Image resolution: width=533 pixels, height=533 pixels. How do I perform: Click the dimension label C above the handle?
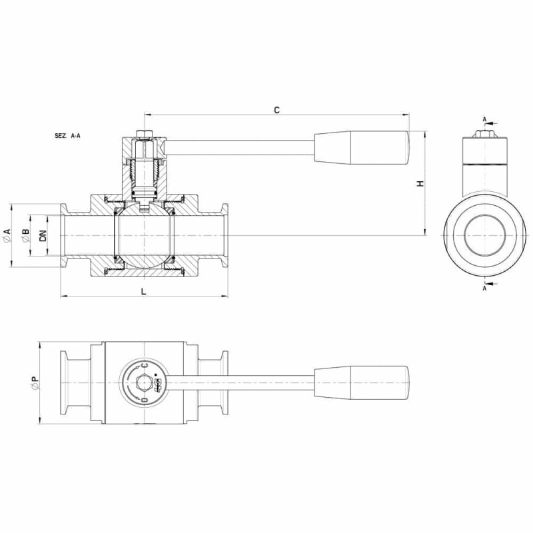click(x=276, y=110)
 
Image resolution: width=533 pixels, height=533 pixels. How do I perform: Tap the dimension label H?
click(x=420, y=184)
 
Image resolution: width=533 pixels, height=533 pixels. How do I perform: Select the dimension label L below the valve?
click(x=144, y=291)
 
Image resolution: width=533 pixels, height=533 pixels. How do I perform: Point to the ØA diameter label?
click(x=7, y=235)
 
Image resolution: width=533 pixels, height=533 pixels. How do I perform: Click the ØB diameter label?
click(x=25, y=236)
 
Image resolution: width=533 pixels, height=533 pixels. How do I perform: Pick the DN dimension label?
click(x=43, y=236)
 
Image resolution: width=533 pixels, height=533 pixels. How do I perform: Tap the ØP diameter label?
click(x=35, y=382)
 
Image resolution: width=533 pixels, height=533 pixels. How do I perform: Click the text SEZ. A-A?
click(x=67, y=136)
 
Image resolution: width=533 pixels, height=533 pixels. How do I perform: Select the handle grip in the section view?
click(x=361, y=148)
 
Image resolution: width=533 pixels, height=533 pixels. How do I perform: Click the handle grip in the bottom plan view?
click(x=361, y=382)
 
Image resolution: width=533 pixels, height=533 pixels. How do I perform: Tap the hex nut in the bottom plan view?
click(x=143, y=382)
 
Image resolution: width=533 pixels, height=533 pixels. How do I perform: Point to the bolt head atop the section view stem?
click(x=145, y=133)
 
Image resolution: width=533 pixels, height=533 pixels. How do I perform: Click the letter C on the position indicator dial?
click(x=145, y=365)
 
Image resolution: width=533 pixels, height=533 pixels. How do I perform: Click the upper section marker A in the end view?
click(x=485, y=119)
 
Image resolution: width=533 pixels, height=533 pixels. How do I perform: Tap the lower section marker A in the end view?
click(x=485, y=288)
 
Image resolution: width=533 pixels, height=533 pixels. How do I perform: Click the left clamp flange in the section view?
click(x=64, y=236)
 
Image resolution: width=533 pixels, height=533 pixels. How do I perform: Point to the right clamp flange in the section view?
click(x=225, y=236)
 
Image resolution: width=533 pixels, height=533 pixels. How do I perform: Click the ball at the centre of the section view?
click(x=145, y=236)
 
